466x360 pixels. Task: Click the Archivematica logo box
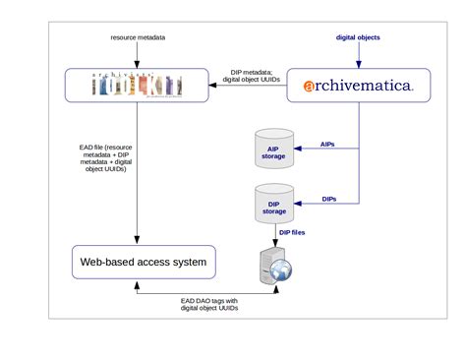358,87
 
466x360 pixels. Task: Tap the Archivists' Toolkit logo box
137,86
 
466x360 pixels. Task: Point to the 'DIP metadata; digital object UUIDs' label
250,77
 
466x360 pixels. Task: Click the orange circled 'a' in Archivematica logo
310,87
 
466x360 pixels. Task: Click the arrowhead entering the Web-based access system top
137,240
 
